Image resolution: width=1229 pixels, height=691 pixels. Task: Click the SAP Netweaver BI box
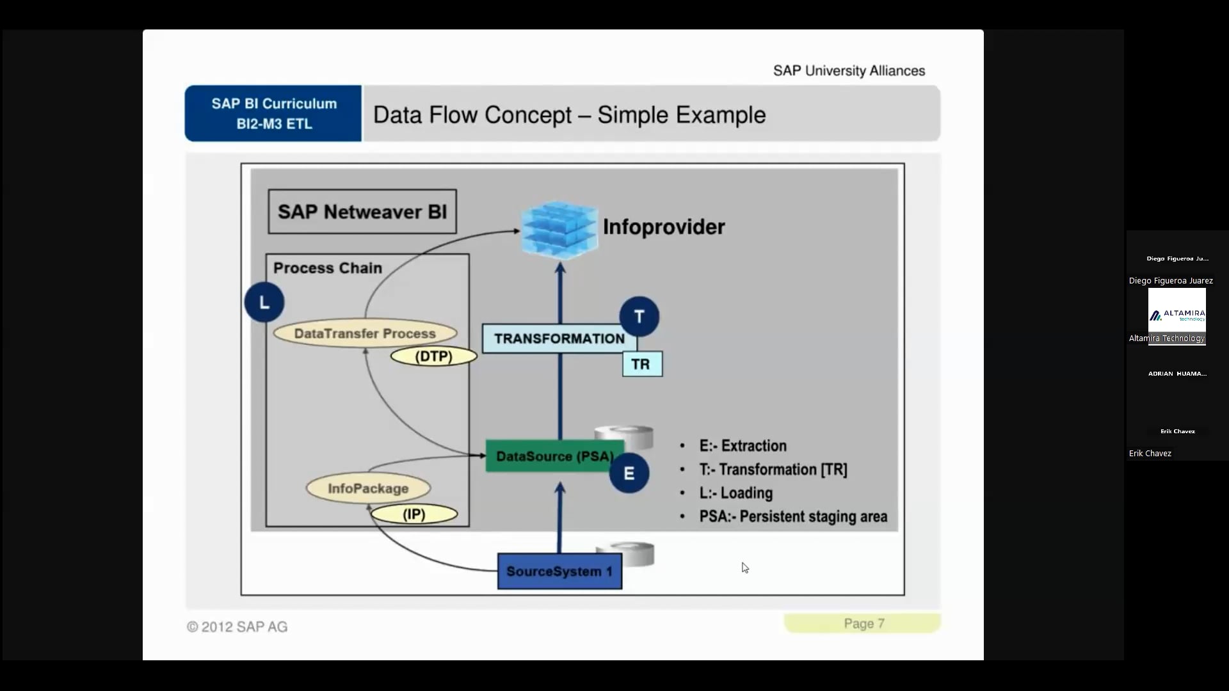[362, 212]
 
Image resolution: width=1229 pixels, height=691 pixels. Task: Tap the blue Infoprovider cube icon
[559, 230]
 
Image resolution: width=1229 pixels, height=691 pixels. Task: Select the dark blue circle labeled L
[264, 302]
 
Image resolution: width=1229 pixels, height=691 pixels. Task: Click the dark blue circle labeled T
[639, 317]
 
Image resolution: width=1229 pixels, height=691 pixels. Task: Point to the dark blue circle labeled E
[629, 473]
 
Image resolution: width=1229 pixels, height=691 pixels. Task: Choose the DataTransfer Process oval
[365, 333]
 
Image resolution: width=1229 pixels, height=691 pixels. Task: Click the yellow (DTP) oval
[434, 356]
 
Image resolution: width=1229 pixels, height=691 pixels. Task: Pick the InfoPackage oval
[368, 488]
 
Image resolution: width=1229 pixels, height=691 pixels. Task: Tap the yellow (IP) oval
[414, 514]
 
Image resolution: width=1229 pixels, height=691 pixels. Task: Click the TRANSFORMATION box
[559, 338]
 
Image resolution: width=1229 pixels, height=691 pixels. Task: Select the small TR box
[642, 364]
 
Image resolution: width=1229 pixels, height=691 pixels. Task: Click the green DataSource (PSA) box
[554, 456]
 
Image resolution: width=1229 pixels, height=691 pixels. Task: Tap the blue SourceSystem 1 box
[559, 571]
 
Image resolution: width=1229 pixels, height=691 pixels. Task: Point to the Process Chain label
[328, 268]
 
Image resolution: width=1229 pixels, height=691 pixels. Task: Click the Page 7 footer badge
[863, 623]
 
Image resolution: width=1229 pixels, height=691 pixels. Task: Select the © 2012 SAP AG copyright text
[237, 627]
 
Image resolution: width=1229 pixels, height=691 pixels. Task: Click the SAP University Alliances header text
[849, 70]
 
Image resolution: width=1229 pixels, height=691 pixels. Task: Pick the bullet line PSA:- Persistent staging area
[792, 516]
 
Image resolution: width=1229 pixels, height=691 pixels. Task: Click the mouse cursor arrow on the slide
[745, 568]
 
